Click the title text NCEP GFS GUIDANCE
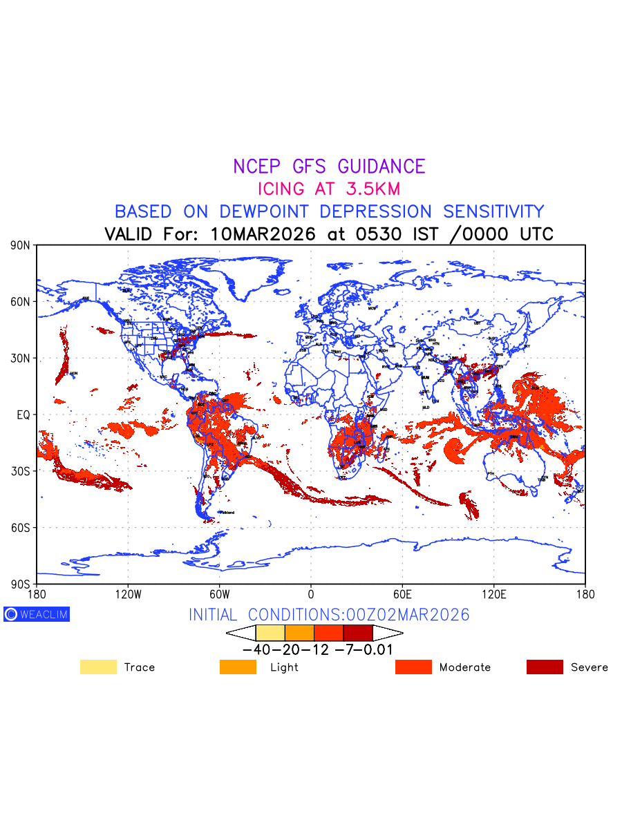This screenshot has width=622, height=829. [329, 166]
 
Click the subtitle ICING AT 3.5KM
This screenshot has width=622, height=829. [329, 189]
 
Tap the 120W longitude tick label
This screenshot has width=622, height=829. [128, 594]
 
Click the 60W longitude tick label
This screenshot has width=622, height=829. [219, 594]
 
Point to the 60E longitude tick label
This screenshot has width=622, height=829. [402, 594]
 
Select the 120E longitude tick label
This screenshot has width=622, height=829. [493, 594]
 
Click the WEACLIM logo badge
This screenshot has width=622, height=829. [37, 614]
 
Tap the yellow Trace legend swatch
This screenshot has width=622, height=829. [98, 667]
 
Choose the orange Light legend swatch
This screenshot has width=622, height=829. [238, 667]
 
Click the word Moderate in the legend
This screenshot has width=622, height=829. [465, 667]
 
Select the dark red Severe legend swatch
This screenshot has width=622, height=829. [545, 667]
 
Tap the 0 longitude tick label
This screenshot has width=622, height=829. [311, 594]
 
